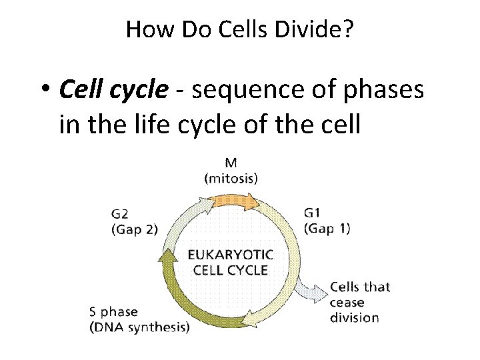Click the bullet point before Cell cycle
(x=46, y=90)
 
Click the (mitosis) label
(x=231, y=178)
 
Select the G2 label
(x=121, y=215)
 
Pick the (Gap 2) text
(x=134, y=229)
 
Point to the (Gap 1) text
(x=327, y=228)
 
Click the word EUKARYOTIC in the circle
(x=230, y=255)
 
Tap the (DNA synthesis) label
(x=139, y=327)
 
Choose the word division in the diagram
(x=354, y=317)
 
